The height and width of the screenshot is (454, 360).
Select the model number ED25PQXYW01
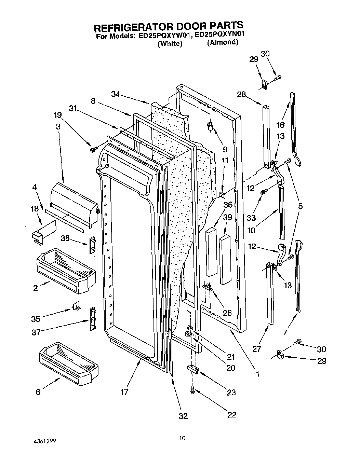(162, 35)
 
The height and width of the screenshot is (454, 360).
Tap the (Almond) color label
(222, 42)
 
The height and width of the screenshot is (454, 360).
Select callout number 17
(124, 392)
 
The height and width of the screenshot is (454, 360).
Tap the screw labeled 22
(193, 389)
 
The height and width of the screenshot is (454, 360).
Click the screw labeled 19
(93, 149)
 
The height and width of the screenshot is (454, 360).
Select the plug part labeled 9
(210, 126)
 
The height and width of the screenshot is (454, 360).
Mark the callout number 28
(241, 94)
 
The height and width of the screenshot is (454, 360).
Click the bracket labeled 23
(193, 369)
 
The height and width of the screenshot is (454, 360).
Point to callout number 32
(183, 416)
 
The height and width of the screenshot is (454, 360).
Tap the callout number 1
(257, 374)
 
